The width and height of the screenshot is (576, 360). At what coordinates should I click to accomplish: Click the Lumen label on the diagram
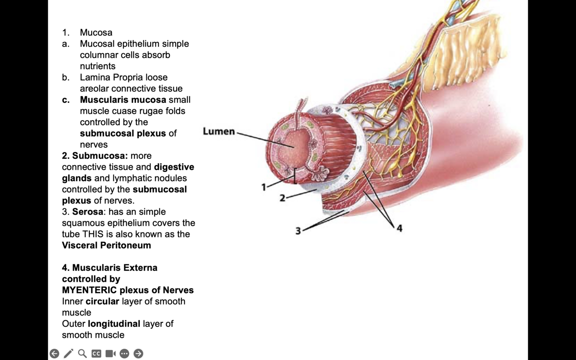tap(218, 131)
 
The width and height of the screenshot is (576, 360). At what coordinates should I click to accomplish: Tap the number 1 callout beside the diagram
tap(263, 187)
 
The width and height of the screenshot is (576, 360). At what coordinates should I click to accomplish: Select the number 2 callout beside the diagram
tap(282, 198)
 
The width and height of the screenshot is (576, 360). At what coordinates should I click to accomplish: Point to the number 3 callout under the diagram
tap(298, 231)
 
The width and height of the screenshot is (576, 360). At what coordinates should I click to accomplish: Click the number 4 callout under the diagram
tap(399, 228)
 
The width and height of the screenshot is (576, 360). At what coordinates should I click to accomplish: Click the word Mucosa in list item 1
tap(96, 32)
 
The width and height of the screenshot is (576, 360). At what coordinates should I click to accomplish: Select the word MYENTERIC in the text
tap(89, 290)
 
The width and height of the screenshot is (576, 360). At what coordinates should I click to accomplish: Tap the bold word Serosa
tap(88, 212)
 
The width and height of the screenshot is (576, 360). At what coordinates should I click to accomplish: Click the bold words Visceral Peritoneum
tap(106, 245)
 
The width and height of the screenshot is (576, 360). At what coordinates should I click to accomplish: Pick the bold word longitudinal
tap(114, 324)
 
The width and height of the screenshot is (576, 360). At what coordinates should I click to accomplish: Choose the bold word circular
tap(102, 301)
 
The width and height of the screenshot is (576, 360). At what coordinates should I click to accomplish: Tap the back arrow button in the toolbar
tap(54, 354)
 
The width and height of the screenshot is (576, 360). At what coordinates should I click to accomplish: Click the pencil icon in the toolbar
tap(68, 354)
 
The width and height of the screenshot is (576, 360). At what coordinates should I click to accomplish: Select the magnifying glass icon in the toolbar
tap(82, 354)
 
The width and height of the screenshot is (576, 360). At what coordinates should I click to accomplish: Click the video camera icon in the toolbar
tap(111, 354)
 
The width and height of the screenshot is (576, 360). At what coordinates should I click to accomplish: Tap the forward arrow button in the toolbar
tap(138, 354)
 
